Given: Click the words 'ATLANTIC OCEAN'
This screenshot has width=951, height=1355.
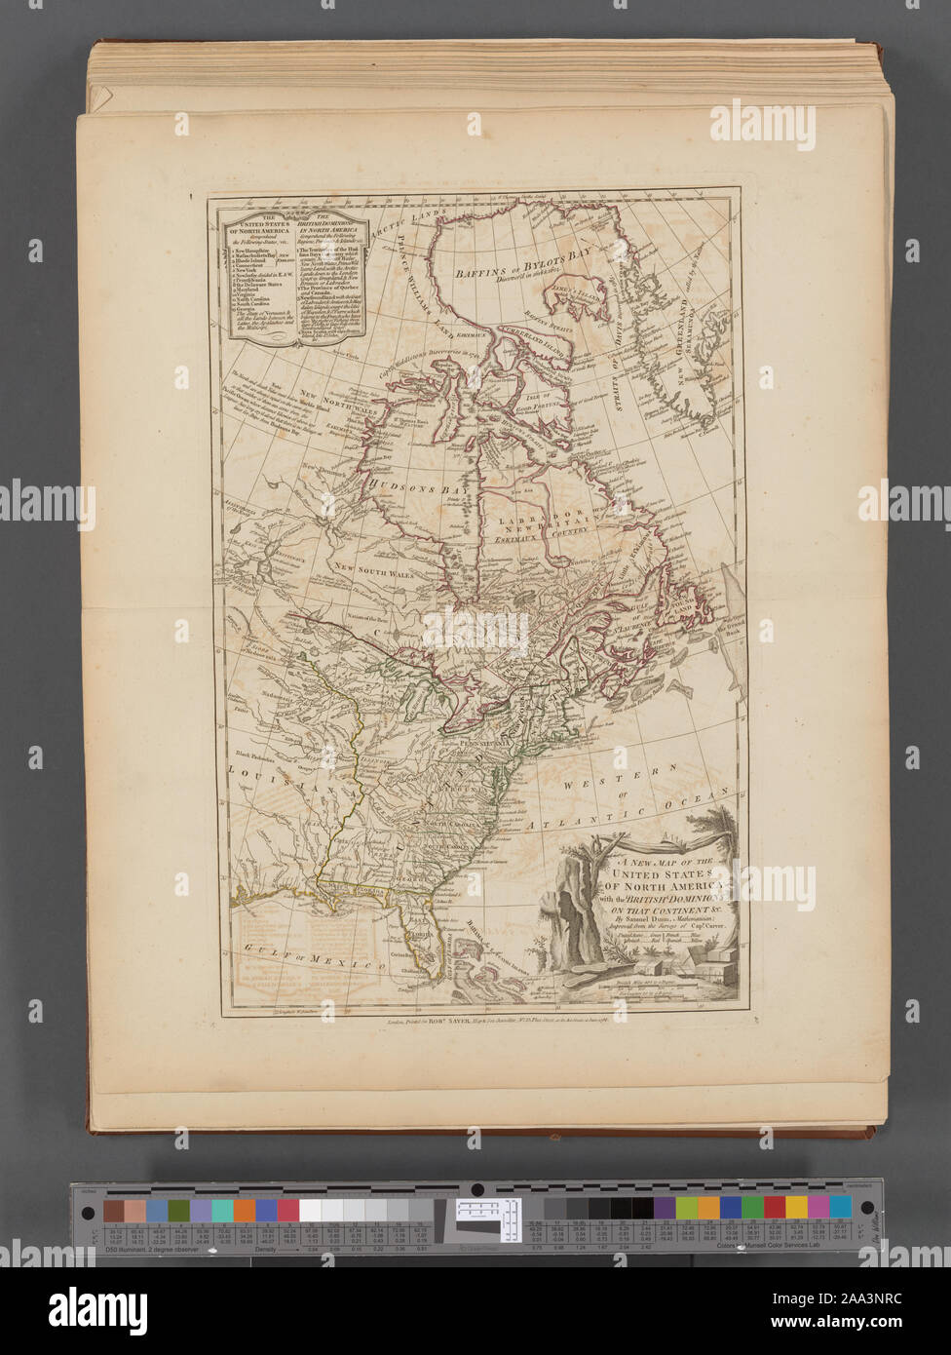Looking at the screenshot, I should click(634, 817).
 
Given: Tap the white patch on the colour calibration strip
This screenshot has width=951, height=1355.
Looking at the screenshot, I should click(311, 1210).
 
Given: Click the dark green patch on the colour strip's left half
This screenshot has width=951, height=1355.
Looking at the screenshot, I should click(178, 1210).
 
